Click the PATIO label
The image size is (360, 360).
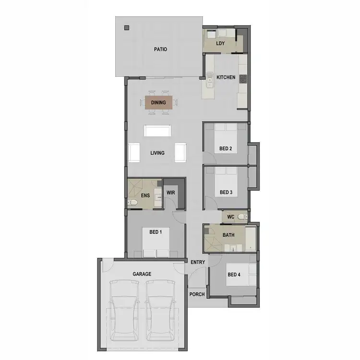pos(160,49)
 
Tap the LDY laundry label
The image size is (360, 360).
pos(220,44)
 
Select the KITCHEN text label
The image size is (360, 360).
pos(226,77)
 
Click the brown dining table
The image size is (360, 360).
pos(158,102)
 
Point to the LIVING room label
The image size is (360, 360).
pos(157,153)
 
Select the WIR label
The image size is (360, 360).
pos(171,192)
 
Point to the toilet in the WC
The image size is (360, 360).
pos(242,217)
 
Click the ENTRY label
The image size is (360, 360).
pos(197,262)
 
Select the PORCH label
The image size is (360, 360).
pos(197,294)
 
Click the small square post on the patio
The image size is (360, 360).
pos(127,27)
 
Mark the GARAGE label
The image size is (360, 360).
pos(142,274)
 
